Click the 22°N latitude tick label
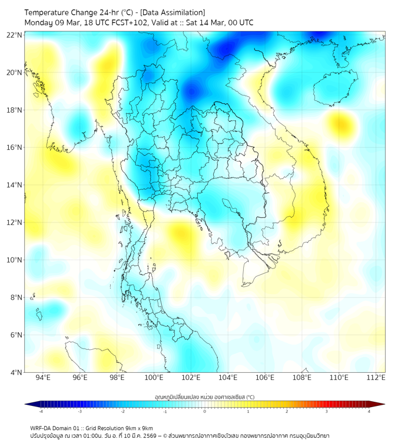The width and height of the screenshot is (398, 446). (15, 35)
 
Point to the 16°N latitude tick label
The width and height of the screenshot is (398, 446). (15, 147)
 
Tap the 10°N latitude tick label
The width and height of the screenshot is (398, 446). (15, 260)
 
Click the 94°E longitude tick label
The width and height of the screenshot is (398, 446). (43, 378)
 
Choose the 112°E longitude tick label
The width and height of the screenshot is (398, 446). (376, 378)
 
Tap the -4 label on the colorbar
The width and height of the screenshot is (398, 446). (41, 411)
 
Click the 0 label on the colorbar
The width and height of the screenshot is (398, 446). (205, 411)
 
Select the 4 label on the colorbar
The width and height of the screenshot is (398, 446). (369, 411)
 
